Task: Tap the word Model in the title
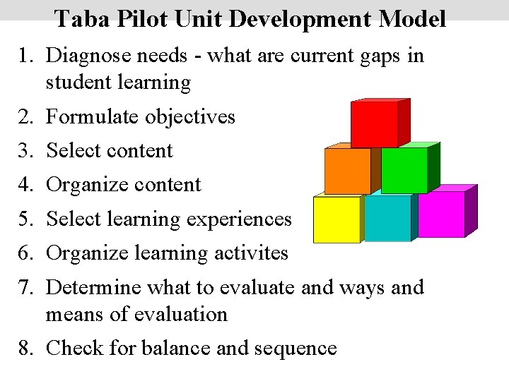coord(412,18)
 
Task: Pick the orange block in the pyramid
coord(347,171)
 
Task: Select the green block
coord(404,170)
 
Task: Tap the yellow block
coord(337,219)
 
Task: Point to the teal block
coord(387,218)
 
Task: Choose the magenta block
coord(441,214)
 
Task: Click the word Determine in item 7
coord(95,287)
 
